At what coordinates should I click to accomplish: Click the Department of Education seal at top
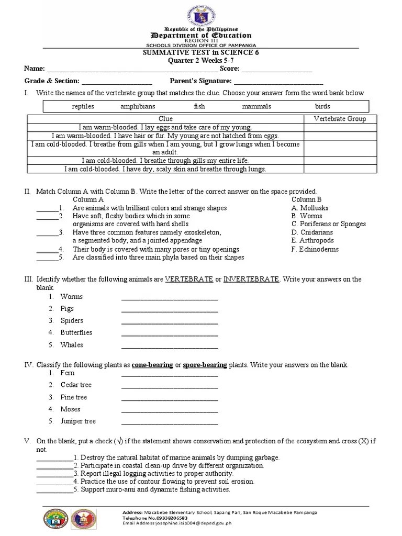(x=201, y=13)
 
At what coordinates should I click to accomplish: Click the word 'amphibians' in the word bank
(x=138, y=106)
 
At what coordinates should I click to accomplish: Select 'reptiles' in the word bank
(x=83, y=106)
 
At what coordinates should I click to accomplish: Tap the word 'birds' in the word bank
(x=322, y=106)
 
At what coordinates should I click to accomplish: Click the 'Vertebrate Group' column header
(x=340, y=119)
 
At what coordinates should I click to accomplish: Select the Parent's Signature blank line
(x=278, y=82)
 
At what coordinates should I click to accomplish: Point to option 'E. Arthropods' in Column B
(x=312, y=241)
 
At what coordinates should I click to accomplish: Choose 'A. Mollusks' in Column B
(x=310, y=208)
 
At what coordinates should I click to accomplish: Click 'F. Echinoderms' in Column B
(x=315, y=249)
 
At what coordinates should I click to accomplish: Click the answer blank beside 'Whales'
(x=170, y=345)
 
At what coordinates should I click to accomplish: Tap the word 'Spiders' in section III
(x=72, y=320)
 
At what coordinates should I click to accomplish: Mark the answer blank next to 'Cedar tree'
(x=170, y=386)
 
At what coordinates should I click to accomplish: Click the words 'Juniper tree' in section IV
(x=78, y=421)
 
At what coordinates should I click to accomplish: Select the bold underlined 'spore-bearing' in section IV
(x=205, y=365)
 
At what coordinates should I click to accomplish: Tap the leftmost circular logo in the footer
(x=55, y=520)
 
